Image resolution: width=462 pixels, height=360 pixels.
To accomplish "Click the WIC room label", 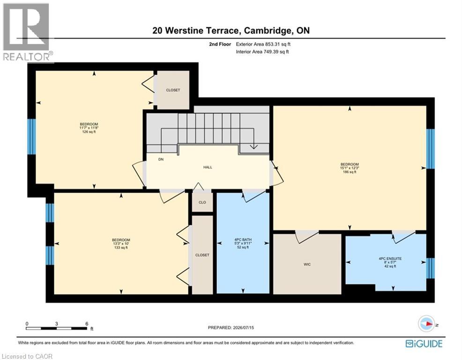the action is click(307, 264).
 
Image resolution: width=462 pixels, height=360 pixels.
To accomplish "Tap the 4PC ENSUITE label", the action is click(390, 259).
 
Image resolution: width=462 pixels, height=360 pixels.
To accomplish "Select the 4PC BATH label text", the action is click(243, 240).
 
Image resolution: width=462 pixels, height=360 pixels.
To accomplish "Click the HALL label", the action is click(208, 167).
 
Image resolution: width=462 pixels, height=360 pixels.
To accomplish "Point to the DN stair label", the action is click(161, 159).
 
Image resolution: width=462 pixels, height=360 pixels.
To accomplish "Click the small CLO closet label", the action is click(202, 202).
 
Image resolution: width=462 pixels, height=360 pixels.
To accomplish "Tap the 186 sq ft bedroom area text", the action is click(350, 172).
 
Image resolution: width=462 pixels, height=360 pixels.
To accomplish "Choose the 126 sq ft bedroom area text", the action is click(89, 132).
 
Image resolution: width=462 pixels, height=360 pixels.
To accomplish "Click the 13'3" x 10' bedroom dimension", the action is click(121, 244).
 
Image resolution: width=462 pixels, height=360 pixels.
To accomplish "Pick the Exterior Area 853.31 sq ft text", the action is click(263, 44).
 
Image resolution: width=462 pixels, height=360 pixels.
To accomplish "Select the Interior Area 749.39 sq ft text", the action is click(262, 52).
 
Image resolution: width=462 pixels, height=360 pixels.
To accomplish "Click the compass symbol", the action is click(426, 324).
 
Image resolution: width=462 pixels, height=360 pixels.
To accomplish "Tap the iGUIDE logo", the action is click(424, 344).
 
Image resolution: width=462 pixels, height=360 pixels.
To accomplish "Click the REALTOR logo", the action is click(27, 32).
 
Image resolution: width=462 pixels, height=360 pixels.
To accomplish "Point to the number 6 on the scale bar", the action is click(87, 324).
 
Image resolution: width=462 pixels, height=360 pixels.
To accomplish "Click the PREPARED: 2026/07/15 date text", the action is click(231, 328).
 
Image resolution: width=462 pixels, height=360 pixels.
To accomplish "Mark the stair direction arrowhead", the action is click(253, 146).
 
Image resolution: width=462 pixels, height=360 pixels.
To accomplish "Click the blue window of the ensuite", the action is click(431, 268).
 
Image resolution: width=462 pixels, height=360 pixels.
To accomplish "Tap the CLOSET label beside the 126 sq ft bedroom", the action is click(173, 90).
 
